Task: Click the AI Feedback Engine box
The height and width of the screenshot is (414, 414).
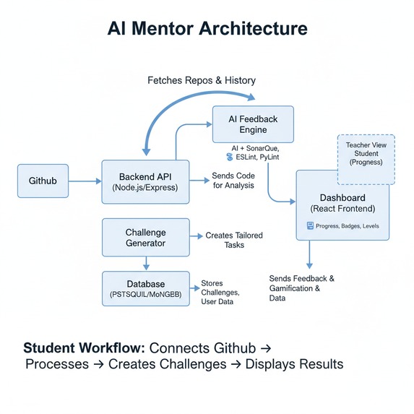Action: [x=252, y=124]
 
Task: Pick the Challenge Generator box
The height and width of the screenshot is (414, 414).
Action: [x=146, y=238]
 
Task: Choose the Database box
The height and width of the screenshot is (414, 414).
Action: [x=146, y=289]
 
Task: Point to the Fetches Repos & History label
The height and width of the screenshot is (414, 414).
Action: [x=201, y=79]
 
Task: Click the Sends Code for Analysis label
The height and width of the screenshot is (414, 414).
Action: [x=233, y=181]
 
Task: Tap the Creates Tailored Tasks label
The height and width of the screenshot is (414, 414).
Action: [x=234, y=240]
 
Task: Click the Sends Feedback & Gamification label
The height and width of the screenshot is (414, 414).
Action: [x=302, y=288]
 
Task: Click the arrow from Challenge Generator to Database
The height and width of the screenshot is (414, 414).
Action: [x=147, y=263]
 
